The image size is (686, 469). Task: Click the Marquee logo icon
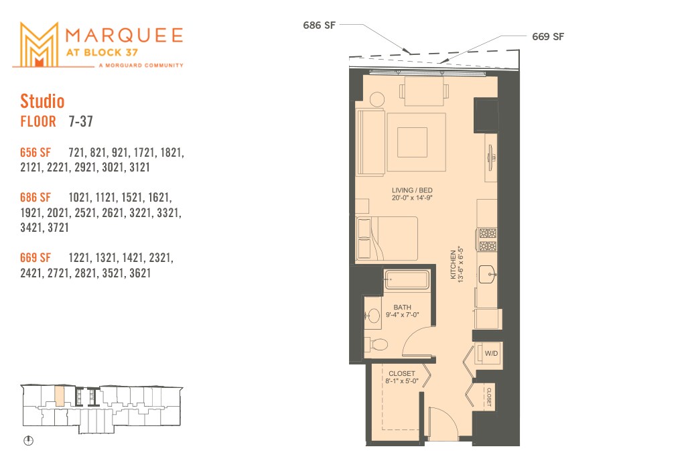coord(38,44)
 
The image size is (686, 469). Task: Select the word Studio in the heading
coord(42,101)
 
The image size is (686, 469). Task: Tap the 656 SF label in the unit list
coord(36,153)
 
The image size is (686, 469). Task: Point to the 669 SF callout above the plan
coord(547,37)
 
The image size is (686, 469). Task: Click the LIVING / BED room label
coord(412,191)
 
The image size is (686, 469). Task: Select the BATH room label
coord(402,308)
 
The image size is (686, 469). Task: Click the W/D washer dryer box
coord(491,352)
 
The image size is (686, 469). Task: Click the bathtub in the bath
coord(407,279)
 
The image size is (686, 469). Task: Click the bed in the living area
coord(387,239)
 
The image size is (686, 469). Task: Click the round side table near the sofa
coord(376,98)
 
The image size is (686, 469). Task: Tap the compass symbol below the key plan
coord(28,442)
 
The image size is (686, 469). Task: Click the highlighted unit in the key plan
coord(59,395)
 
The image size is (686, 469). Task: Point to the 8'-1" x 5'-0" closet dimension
coord(401,381)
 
